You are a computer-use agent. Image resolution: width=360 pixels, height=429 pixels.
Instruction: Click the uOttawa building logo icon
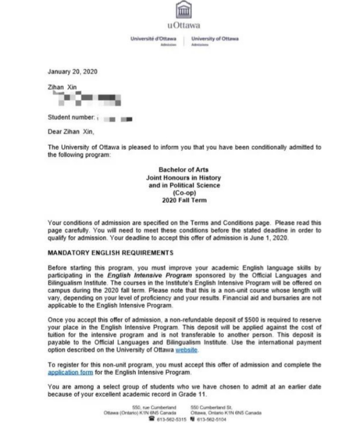click(182, 10)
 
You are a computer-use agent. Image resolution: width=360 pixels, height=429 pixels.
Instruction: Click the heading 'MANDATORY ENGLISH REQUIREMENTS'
click(110, 253)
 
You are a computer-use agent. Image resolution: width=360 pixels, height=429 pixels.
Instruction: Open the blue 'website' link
click(186, 350)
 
